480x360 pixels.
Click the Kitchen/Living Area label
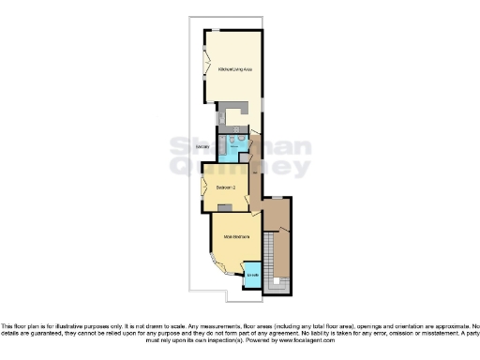(234, 69)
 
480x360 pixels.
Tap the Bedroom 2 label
(225, 187)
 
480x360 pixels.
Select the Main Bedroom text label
(235, 237)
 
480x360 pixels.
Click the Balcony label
(202, 147)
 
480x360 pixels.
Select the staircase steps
(270, 258)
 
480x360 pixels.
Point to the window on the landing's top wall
(277, 197)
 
